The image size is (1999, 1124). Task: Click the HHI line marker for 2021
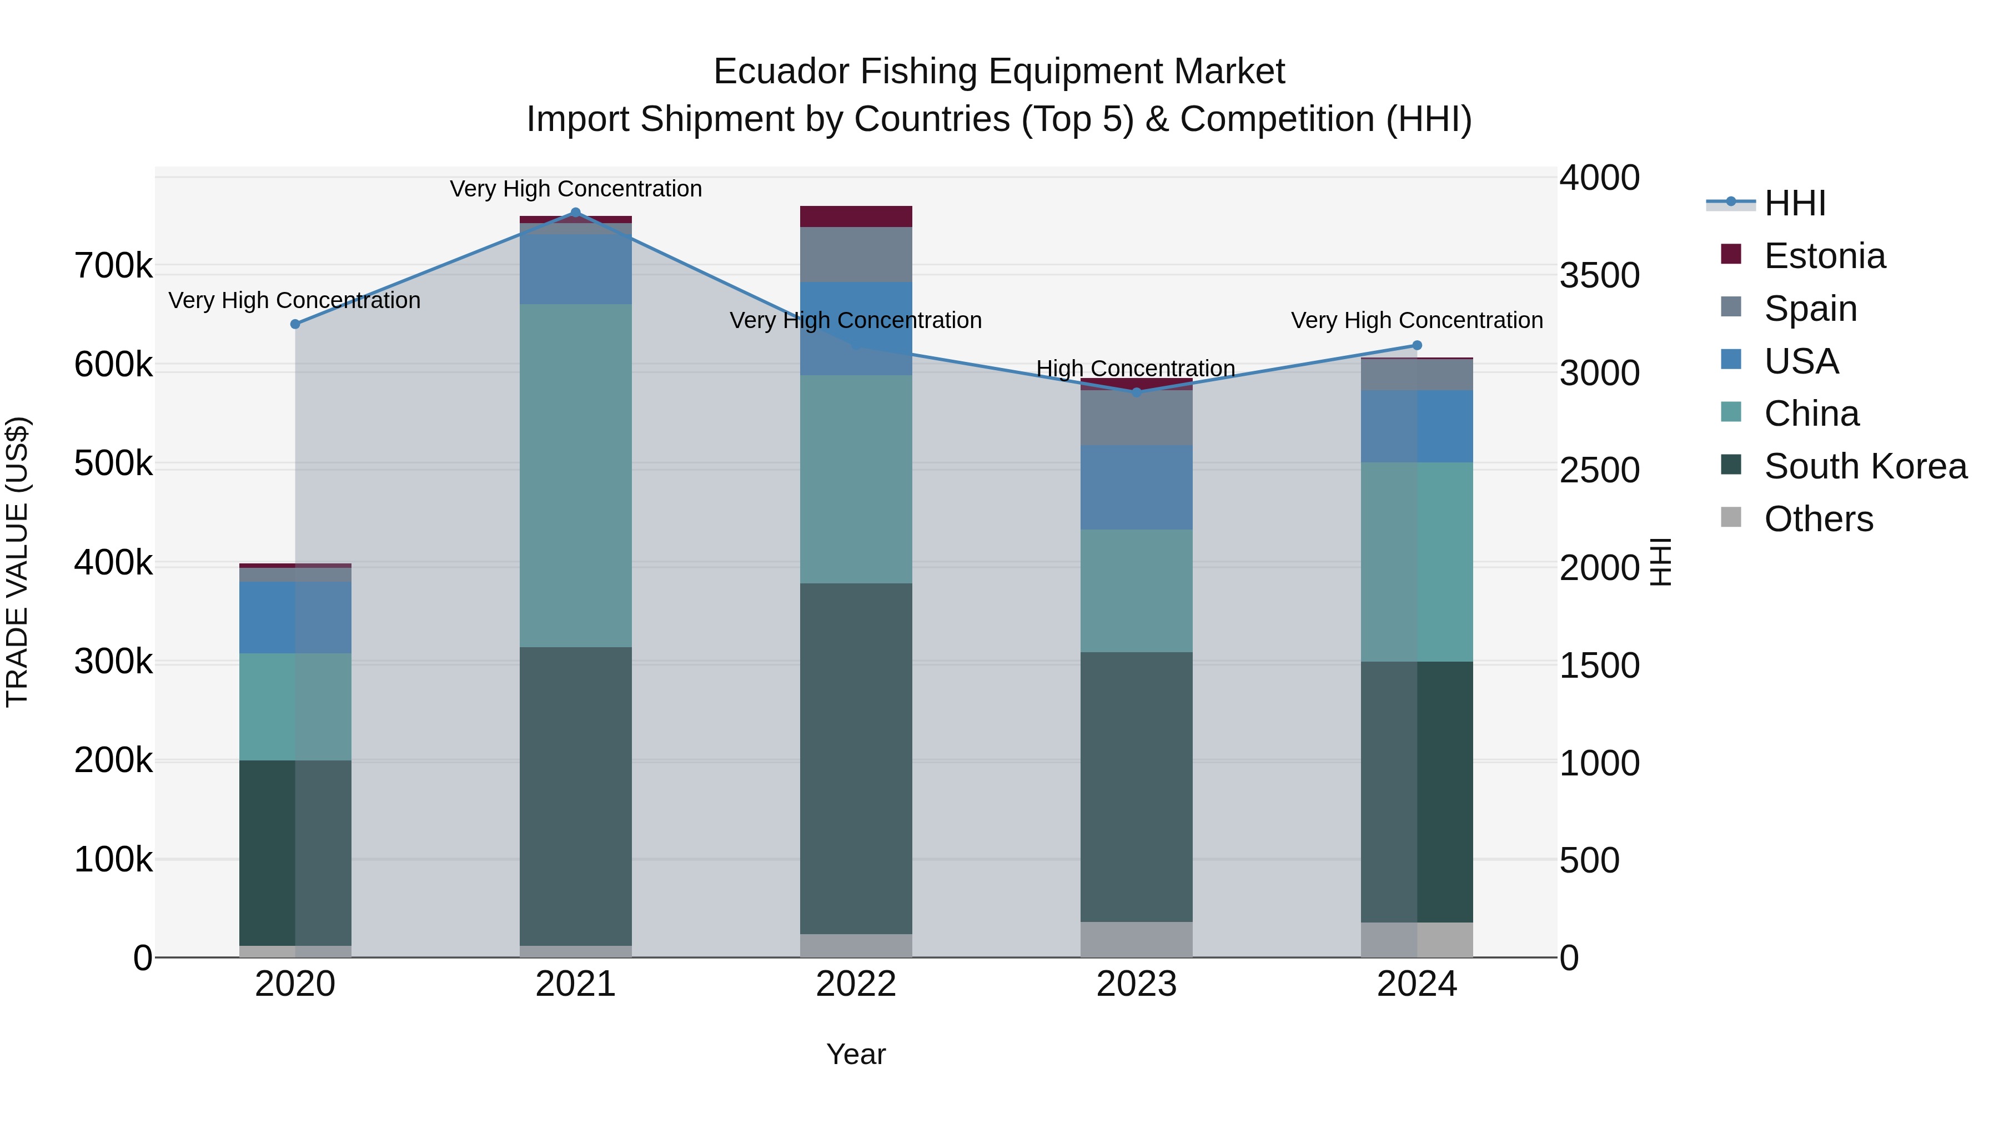[575, 213]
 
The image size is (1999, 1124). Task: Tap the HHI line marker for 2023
[1136, 392]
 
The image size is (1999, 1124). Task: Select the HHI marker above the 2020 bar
[295, 324]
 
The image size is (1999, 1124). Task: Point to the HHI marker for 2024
[1417, 346]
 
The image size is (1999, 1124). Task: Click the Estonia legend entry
[1824, 256]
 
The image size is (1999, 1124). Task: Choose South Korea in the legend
[1865, 466]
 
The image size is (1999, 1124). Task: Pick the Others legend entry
[1818, 519]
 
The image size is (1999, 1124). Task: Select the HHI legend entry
[1794, 203]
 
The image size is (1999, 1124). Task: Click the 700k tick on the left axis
[113, 266]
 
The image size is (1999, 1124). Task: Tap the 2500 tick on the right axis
[1599, 470]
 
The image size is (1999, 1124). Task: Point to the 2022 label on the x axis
[856, 984]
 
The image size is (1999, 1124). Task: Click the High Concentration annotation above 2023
[1136, 369]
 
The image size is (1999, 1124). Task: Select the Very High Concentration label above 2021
[575, 189]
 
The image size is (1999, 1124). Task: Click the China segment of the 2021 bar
[575, 475]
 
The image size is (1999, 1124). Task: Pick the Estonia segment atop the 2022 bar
[856, 216]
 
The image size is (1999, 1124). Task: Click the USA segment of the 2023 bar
[1136, 487]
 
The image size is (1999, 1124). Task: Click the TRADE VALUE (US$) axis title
[17, 562]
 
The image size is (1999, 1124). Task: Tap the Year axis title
[855, 1054]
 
